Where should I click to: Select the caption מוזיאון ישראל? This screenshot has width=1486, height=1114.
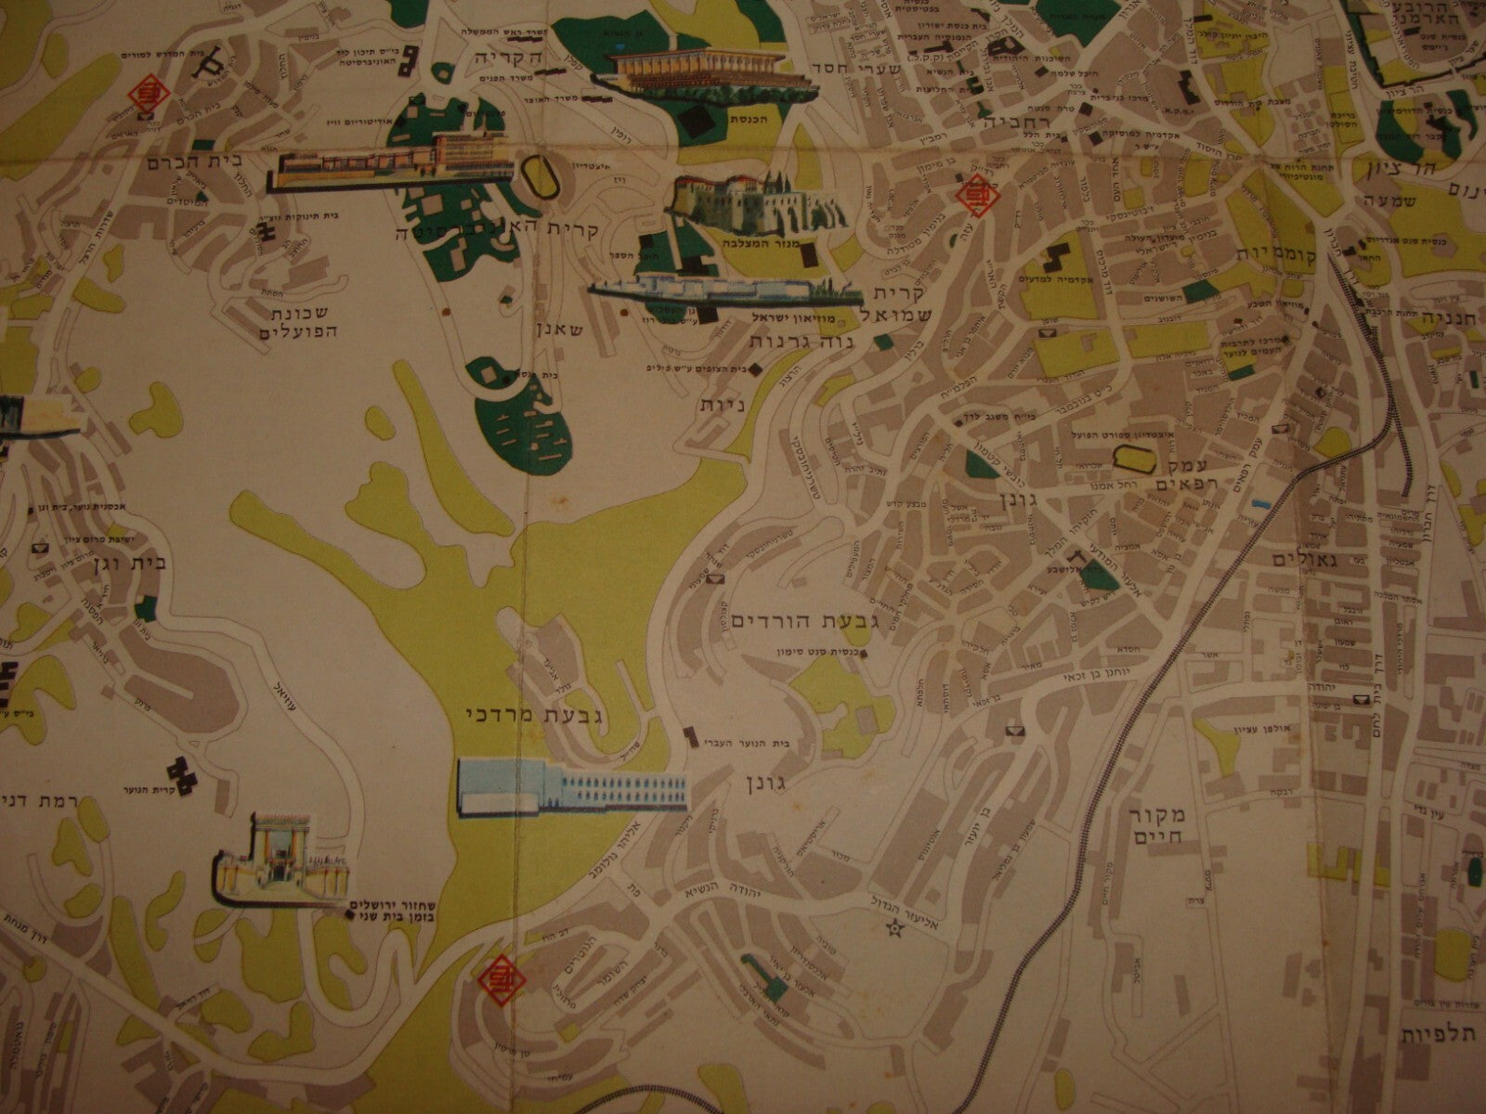[x=779, y=318]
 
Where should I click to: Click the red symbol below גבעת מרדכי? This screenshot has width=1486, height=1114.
[x=500, y=978]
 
